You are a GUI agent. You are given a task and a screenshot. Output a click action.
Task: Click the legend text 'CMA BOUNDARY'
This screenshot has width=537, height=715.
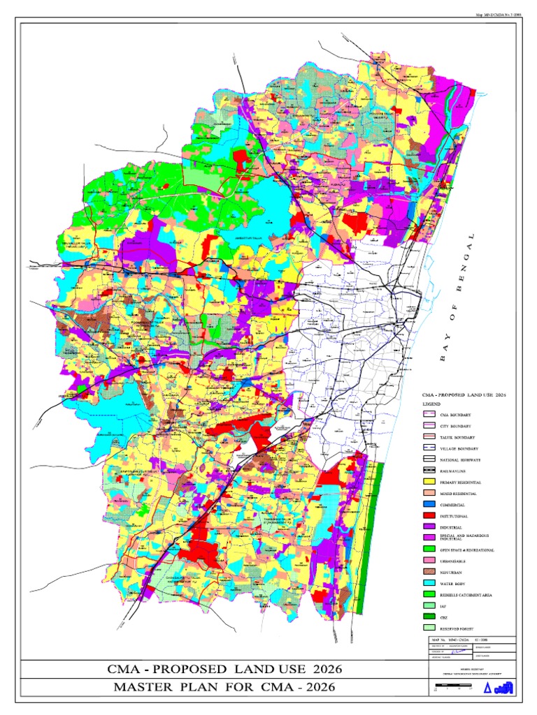pos(456,415)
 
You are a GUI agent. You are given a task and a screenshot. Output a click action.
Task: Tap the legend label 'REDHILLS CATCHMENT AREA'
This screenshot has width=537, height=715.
pos(467,594)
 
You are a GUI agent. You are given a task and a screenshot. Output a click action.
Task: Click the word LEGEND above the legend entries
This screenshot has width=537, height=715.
pos(431,404)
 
